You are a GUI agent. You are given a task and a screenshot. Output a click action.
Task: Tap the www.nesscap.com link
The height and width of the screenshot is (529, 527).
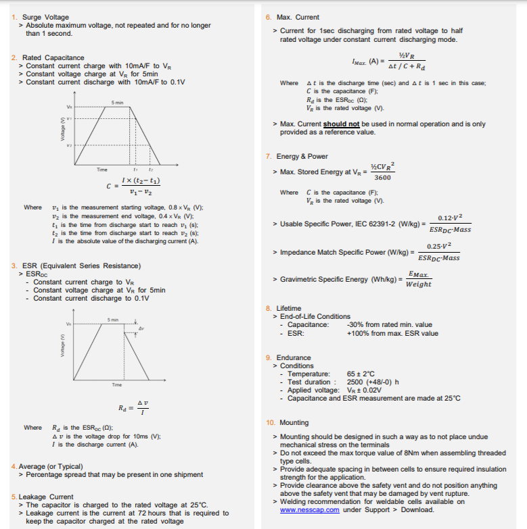(309, 509)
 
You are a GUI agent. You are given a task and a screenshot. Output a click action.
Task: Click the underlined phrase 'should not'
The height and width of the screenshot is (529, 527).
(341, 124)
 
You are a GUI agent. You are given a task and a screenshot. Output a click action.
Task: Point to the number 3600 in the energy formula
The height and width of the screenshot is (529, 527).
(382, 177)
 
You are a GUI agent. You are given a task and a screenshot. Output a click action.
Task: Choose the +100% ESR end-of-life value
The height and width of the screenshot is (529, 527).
(392, 332)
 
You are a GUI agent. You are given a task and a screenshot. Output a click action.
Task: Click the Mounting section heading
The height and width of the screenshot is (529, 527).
(294, 422)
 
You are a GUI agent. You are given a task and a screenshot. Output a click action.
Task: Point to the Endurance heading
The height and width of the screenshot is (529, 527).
(294, 357)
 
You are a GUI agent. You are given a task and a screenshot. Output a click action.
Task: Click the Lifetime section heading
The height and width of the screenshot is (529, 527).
(289, 308)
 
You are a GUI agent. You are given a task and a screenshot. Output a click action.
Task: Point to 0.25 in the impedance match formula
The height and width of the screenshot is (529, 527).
(435, 245)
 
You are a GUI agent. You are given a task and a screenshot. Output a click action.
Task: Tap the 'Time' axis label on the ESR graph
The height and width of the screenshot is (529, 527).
(116, 384)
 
